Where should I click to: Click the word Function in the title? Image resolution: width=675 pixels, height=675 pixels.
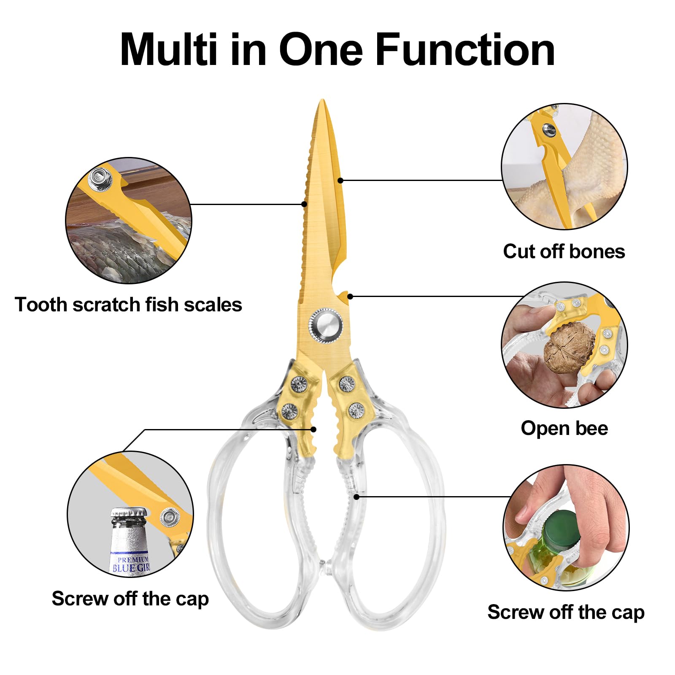pyautogui.click(x=465, y=50)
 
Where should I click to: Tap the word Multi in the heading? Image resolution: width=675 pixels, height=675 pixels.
pyautogui.click(x=169, y=50)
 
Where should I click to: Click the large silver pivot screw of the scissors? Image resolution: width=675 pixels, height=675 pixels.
pyautogui.click(x=325, y=325)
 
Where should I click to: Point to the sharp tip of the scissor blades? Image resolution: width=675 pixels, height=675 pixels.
pyautogui.click(x=323, y=100)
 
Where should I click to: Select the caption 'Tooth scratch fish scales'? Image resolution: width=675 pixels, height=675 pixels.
pyautogui.click(x=128, y=304)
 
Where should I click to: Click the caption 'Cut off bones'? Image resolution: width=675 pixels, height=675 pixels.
pyautogui.click(x=564, y=251)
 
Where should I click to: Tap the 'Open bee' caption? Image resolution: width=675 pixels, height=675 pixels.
pyautogui.click(x=564, y=428)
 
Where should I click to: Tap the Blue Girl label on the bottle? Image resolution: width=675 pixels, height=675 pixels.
pyautogui.click(x=131, y=564)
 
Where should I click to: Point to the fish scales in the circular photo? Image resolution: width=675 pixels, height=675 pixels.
pyautogui.click(x=122, y=249)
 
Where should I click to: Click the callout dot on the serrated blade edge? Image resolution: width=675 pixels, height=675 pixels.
pyautogui.click(x=304, y=204)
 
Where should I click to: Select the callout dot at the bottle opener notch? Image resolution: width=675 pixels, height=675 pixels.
pyautogui.click(x=350, y=297)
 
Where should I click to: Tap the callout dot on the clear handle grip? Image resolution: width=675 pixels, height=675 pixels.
pyautogui.click(x=356, y=497)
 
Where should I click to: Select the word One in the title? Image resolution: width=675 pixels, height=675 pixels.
pyautogui.click(x=321, y=50)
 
